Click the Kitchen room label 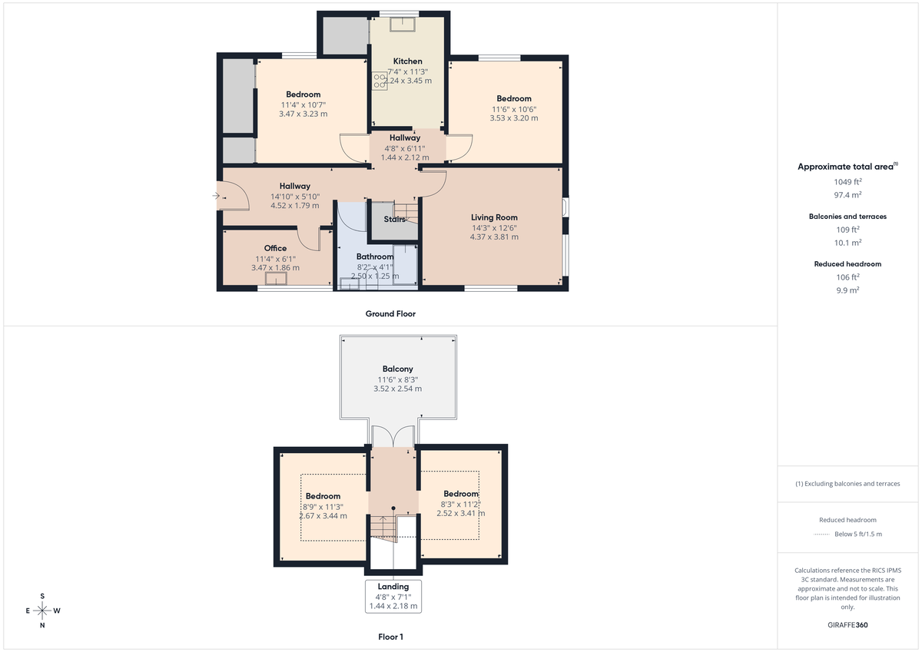click(407, 61)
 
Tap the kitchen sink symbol click(403, 24)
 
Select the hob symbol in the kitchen click(380, 81)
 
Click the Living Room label click(494, 217)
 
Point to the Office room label click(275, 248)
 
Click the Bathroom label click(375, 256)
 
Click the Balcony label click(397, 369)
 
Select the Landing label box click(393, 596)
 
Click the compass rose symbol click(42, 611)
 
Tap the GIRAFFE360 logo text click(847, 625)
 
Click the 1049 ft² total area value click(847, 182)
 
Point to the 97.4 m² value click(847, 195)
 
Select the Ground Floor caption click(390, 314)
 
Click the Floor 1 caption click(390, 637)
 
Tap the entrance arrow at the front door click(216, 197)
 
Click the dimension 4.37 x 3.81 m click(494, 237)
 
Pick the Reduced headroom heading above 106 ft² click(847, 263)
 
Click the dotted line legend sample click(822, 534)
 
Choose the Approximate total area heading click(846, 167)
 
